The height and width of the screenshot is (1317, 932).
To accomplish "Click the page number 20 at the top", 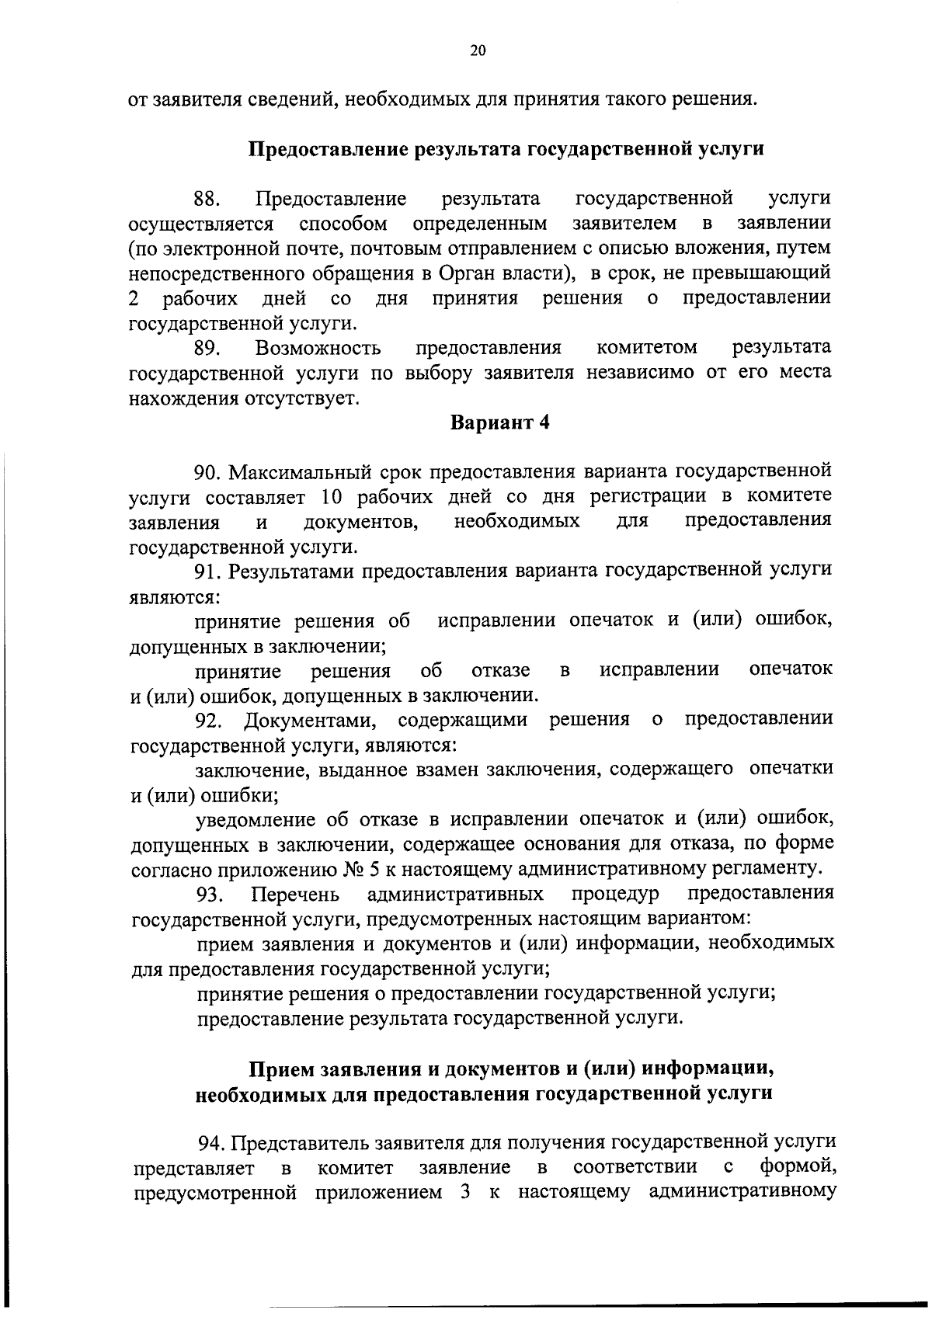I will tap(477, 51).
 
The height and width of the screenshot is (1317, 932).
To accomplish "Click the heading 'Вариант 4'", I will tap(500, 423).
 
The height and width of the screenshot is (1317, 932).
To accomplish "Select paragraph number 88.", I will tap(207, 199).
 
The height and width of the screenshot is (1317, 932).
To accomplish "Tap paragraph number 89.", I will tap(207, 347).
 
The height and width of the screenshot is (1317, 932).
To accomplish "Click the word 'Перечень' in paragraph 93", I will tap(296, 895).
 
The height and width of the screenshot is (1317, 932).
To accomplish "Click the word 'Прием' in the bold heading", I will tap(280, 1069).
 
